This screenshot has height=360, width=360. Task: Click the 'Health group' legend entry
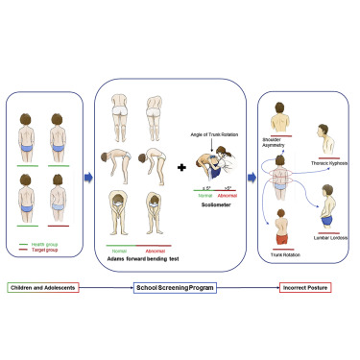52,241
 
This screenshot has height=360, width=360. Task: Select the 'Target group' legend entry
52,249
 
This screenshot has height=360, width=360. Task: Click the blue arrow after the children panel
86,176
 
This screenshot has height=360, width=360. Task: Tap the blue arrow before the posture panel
249,176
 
